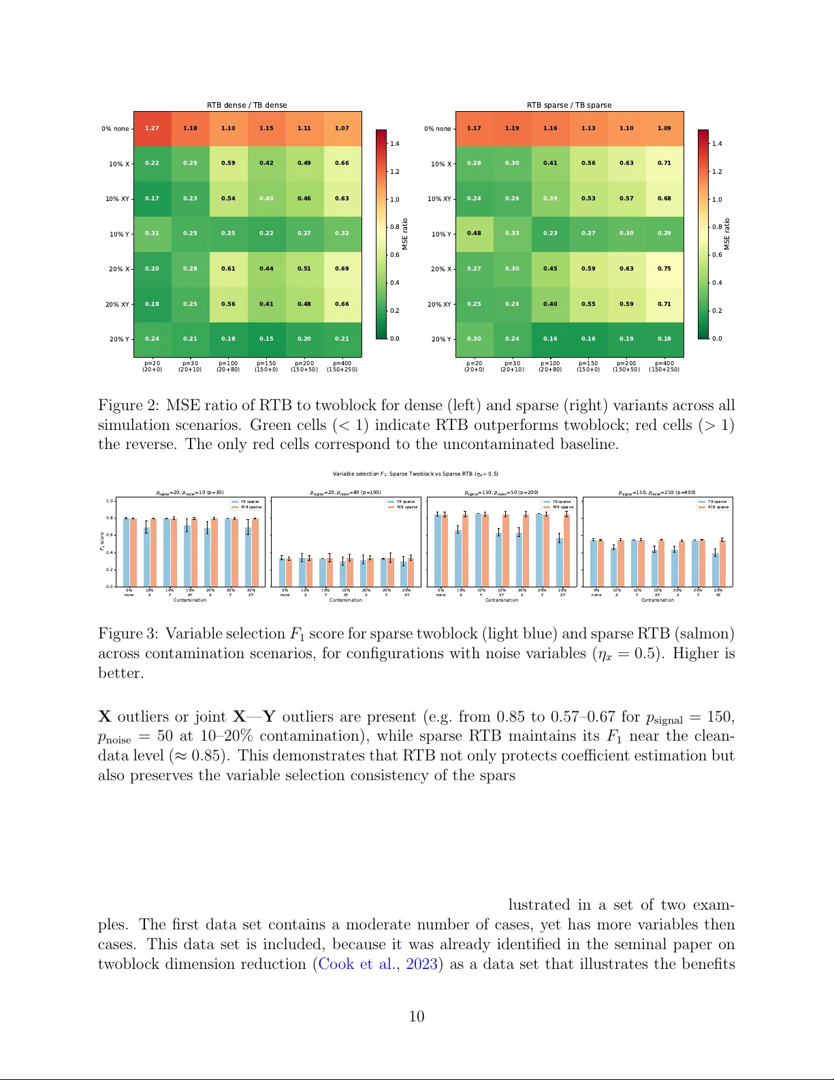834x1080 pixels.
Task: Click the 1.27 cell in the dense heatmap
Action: pos(152,128)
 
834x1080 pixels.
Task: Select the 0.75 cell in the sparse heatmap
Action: pos(664,268)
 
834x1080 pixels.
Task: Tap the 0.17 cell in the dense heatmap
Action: pos(152,198)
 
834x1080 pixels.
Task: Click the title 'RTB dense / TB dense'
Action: pos(247,105)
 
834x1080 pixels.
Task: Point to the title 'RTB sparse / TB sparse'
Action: pos(569,105)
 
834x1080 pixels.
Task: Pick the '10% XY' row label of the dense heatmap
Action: pos(116,199)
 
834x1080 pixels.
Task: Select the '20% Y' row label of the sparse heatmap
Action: pos(440,339)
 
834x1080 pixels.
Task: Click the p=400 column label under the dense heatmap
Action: pos(342,366)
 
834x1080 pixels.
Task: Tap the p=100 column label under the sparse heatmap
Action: pos(550,366)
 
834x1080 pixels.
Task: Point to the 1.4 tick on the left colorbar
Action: pos(395,144)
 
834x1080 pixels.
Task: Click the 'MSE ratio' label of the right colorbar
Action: pos(727,234)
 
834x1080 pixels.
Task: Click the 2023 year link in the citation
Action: pos(421,964)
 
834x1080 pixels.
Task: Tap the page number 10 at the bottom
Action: pos(417,1017)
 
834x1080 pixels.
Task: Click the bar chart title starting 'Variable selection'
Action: pos(415,474)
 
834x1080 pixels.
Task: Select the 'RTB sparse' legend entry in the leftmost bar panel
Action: pos(251,507)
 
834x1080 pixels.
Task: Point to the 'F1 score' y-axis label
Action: pos(103,542)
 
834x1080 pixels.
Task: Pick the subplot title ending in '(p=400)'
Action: pos(657,492)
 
